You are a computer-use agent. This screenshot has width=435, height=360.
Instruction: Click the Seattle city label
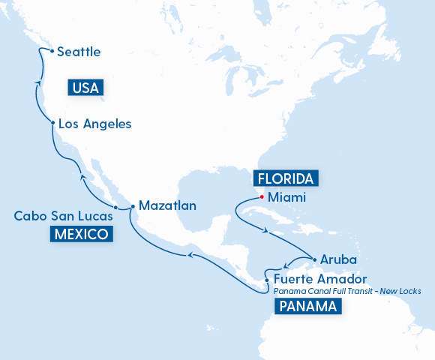pos(79,52)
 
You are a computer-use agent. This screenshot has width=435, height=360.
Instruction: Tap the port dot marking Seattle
pos(51,51)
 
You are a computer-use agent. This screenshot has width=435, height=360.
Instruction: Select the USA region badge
pos(85,88)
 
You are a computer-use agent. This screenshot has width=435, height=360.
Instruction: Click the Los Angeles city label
pos(95,124)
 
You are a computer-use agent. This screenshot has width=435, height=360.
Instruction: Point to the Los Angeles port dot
pos(52,122)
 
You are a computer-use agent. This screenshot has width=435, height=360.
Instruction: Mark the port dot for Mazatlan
pos(132,205)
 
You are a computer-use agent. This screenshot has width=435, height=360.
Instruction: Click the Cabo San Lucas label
pos(64,216)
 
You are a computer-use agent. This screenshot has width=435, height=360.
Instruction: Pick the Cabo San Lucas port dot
pos(115,207)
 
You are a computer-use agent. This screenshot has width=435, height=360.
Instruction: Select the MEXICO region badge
pos(82,235)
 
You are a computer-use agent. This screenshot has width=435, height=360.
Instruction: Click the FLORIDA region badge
pos(286,178)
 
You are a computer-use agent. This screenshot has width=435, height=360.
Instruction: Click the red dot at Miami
pos(261,197)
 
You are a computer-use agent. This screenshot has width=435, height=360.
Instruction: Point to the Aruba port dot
pos(313,257)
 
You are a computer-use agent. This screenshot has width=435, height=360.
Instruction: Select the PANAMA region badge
pos(307,306)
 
